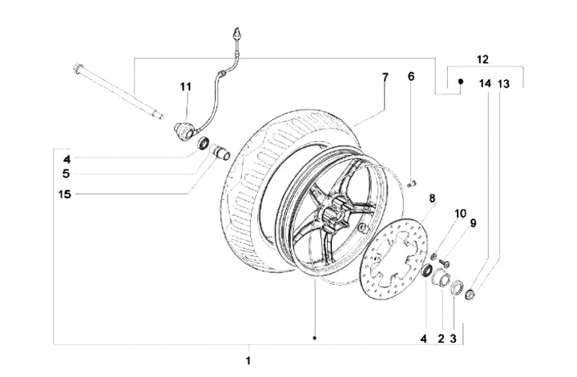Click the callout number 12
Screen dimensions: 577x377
482,59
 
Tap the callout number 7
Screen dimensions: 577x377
385,77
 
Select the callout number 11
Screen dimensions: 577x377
185,86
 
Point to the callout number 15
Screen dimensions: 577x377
65,194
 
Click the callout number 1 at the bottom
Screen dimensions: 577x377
248,360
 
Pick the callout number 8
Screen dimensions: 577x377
432,198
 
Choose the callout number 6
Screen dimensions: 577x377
411,76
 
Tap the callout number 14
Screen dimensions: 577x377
485,84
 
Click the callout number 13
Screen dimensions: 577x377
504,84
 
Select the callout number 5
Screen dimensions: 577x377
66,174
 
